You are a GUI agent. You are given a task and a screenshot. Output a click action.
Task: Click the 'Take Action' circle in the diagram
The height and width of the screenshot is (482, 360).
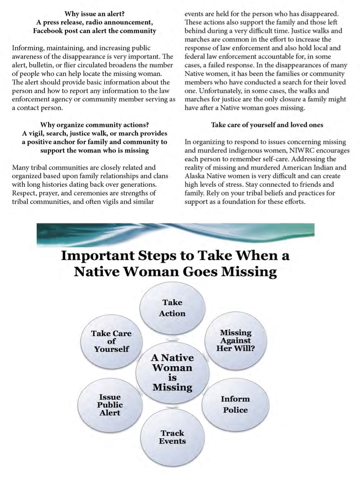172,308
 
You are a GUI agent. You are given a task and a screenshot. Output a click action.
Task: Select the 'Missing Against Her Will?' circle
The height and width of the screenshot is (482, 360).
236,341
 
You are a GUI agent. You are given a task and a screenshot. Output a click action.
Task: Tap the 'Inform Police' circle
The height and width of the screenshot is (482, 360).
235,404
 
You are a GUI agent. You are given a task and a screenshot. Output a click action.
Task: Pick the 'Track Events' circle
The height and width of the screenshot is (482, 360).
172,437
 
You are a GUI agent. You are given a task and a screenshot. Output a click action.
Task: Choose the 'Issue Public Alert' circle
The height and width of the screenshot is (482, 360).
110,405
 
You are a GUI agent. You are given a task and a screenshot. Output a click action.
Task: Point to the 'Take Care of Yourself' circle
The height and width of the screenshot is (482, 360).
111,341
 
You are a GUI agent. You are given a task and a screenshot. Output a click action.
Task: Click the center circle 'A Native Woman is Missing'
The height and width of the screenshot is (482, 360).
172,372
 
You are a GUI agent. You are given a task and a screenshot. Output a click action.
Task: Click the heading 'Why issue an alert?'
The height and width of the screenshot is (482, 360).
95,14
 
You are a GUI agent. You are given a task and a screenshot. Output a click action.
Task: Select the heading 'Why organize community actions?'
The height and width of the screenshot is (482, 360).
95,125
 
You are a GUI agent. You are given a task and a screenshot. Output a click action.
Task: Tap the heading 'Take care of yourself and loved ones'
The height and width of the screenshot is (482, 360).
267,125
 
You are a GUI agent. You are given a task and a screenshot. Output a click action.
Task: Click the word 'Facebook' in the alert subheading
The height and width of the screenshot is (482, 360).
48,31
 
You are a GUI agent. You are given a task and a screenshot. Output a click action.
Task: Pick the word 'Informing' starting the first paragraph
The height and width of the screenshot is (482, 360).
27,48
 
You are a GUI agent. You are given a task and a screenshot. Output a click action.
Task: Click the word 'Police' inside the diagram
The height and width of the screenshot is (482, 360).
235,410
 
